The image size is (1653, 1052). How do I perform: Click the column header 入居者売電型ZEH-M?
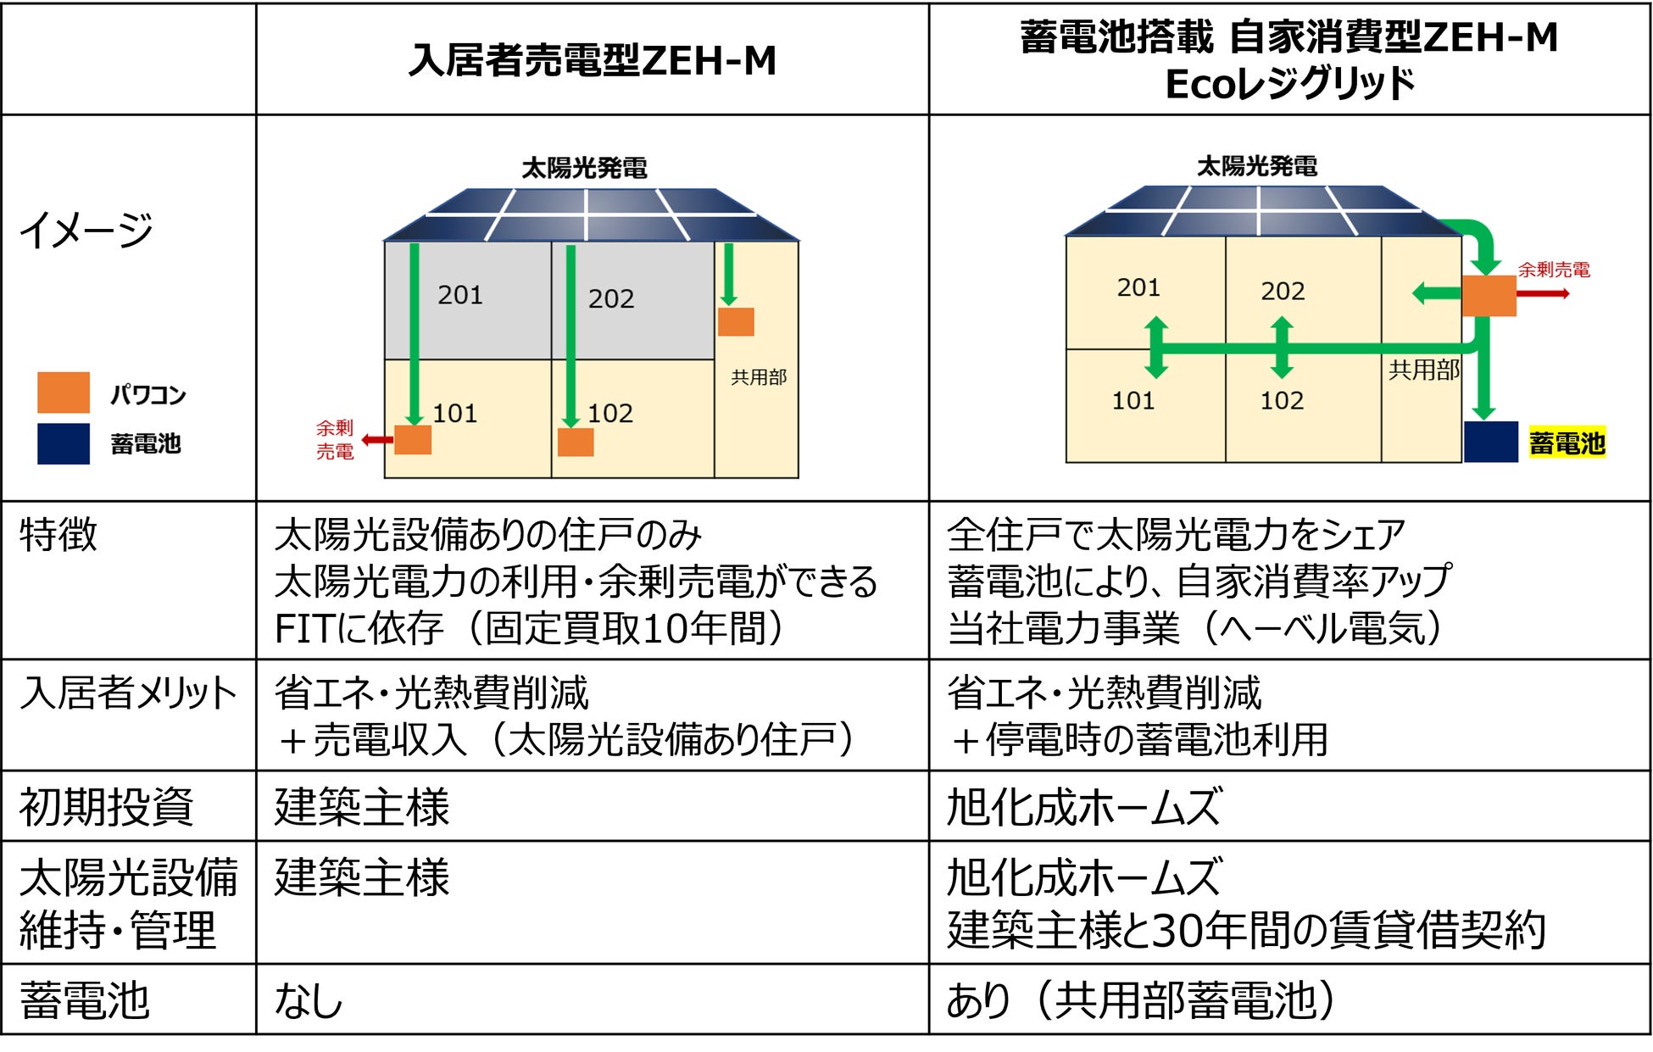[x=592, y=60]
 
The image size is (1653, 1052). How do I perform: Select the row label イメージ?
[x=86, y=230]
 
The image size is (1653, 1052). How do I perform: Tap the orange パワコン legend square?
[x=64, y=392]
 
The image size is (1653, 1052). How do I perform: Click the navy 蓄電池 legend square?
[x=64, y=443]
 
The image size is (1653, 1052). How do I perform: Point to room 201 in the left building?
[x=460, y=295]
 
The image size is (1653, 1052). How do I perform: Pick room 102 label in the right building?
[x=1281, y=400]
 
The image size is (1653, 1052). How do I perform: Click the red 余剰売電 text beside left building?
[x=335, y=440]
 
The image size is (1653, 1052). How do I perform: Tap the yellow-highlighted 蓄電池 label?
[x=1567, y=443]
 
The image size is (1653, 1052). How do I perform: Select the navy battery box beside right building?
[x=1490, y=442]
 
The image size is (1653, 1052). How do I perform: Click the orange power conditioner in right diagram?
[x=1489, y=295]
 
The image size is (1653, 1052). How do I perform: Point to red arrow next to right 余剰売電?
[x=1543, y=294]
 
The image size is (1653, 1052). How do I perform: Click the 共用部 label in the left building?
[x=758, y=377]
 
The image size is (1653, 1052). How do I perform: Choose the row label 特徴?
[x=58, y=536]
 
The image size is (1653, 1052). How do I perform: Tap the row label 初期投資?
[x=106, y=806]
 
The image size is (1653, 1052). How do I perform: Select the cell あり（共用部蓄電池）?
[x=1141, y=1000]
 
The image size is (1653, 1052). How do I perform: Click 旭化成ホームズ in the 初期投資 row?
[x=1084, y=806]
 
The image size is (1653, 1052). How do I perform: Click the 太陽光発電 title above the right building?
[x=1256, y=166]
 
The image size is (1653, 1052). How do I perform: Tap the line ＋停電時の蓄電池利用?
[x=1138, y=740]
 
